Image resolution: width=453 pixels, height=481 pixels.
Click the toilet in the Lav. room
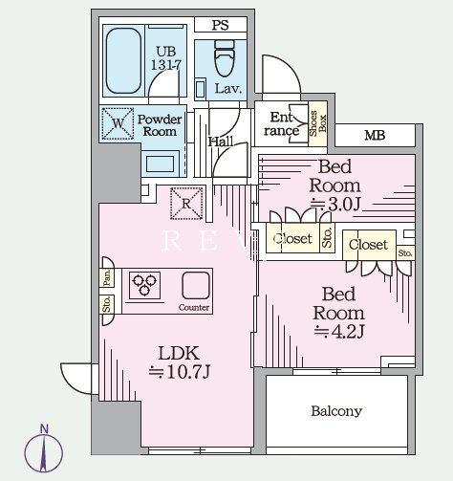coord(225,58)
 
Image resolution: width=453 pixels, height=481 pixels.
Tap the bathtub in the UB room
coord(123,60)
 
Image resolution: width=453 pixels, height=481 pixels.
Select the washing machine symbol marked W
coord(118,123)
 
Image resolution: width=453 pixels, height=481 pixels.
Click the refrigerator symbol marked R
coord(186,204)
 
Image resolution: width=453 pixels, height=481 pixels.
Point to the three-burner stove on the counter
coord(144,285)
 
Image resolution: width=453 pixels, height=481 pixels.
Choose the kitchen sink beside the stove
coord(196,285)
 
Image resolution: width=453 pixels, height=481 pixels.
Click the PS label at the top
coord(221,25)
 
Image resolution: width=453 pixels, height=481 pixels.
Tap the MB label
coord(375,136)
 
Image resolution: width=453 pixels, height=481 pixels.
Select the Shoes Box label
coord(317,123)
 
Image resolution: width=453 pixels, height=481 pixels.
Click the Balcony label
coord(336,411)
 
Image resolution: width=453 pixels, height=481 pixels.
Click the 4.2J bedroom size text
coord(339,332)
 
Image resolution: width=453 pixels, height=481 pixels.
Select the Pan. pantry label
coord(107,277)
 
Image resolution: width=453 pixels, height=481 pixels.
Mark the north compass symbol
coord(44,449)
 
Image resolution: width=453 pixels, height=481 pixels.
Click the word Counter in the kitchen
coord(194,308)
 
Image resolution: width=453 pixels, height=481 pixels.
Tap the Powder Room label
coord(160,125)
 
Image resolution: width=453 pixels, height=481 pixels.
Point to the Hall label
coord(221,142)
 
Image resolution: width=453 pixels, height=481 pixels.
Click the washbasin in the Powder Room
coord(160,164)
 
